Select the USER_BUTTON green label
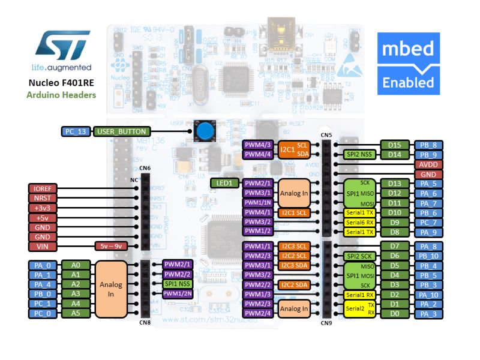click(x=119, y=131)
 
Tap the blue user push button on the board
click(x=206, y=130)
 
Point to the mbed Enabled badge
click(x=409, y=63)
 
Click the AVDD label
click(x=428, y=164)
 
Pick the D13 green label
click(x=394, y=184)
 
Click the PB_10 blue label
click(x=428, y=256)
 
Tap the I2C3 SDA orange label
click(x=295, y=265)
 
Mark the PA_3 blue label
click(x=428, y=313)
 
